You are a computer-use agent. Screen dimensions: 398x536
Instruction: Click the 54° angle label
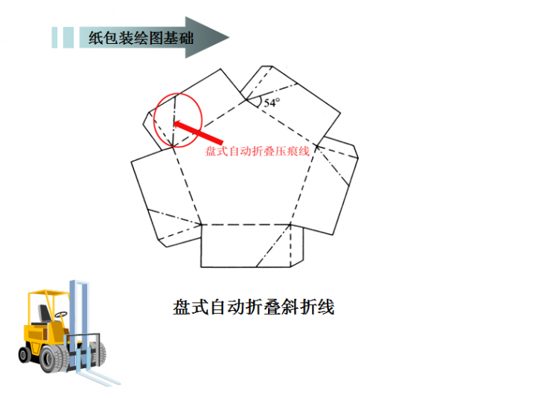point(271,103)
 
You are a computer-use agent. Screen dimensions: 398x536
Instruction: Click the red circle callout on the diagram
point(176,120)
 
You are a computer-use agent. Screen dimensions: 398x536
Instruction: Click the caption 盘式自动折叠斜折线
point(253,306)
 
